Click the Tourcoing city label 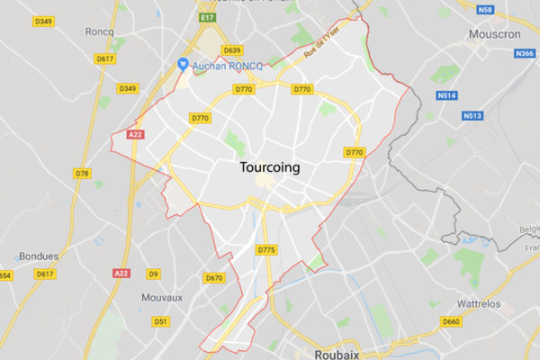[271, 167]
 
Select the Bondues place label [37, 256]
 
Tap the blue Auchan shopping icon [183, 65]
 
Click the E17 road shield [209, 16]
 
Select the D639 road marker [232, 50]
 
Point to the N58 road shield [487, 10]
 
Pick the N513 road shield [472, 115]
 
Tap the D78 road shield [83, 173]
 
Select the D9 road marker [154, 273]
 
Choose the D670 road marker [214, 278]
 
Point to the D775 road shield [266, 249]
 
